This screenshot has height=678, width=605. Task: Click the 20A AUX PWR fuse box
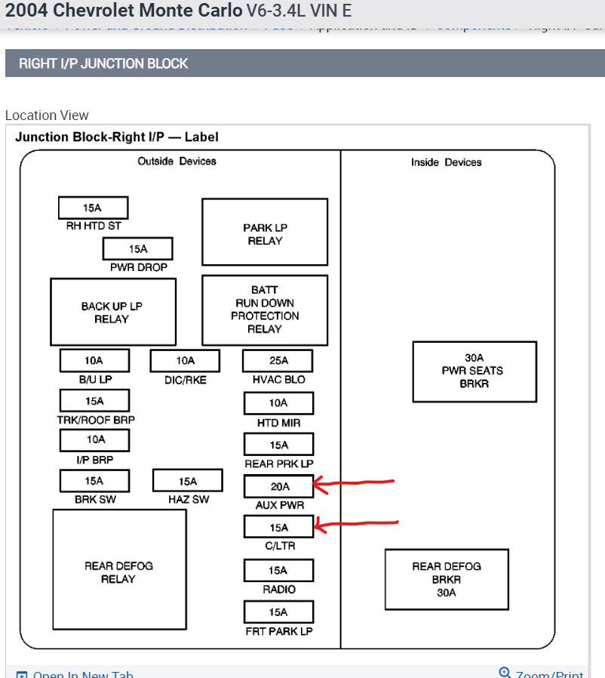pos(278,486)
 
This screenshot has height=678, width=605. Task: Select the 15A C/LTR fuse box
pos(278,527)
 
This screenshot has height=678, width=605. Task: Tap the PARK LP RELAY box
pos(265,233)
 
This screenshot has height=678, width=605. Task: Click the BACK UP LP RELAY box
pos(112,312)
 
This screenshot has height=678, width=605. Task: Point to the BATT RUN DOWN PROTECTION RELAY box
pos(265,310)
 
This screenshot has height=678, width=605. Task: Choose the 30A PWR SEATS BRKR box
pos(474,371)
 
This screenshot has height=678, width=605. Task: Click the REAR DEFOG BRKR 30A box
pos(447,579)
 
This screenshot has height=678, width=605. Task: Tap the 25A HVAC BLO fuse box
pos(278,361)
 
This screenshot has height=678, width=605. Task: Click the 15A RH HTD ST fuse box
pos(93,208)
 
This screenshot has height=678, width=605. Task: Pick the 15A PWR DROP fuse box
pos(137,248)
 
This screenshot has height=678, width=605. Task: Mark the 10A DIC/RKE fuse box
pos(185,361)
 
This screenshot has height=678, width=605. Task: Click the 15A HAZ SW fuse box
pos(188,481)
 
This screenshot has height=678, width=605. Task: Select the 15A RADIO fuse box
pos(278,570)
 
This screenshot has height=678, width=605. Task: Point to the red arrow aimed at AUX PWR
pos(355,483)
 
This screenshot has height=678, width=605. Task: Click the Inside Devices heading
pos(446,162)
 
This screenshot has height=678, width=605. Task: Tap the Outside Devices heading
pos(177,162)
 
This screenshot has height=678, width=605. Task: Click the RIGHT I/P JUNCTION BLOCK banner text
pos(103,63)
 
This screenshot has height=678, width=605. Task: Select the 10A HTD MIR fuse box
pos(278,403)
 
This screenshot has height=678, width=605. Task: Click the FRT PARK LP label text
pos(278,630)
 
